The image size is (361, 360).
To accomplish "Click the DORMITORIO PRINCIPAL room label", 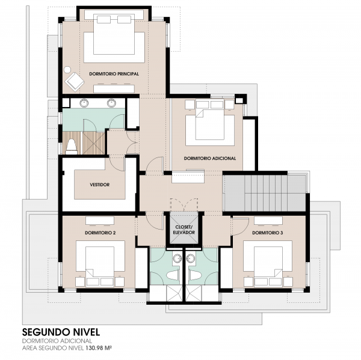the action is (114, 74).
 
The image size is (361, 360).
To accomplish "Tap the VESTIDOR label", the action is (100, 185).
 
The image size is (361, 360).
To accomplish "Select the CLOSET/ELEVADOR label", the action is (184, 230).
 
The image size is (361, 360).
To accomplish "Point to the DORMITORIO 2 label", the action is (100, 233).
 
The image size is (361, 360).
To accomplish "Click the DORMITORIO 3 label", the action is (268, 233).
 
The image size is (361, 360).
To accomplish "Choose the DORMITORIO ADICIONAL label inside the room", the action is (210, 158).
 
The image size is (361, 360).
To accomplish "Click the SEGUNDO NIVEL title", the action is (61, 332).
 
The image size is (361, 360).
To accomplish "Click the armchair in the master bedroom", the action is (75, 82).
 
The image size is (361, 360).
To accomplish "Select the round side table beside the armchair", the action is (67, 70).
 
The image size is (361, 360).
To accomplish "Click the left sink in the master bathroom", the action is (84, 103).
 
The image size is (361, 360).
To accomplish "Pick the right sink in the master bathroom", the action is (112, 103).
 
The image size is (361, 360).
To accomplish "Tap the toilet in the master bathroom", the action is (72, 147).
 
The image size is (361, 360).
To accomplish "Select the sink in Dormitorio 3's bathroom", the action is (191, 258).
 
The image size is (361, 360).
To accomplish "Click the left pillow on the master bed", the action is (103, 19).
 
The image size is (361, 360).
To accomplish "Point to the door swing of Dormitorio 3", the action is (241, 227).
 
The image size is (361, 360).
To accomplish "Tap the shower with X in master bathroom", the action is (94, 142).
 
